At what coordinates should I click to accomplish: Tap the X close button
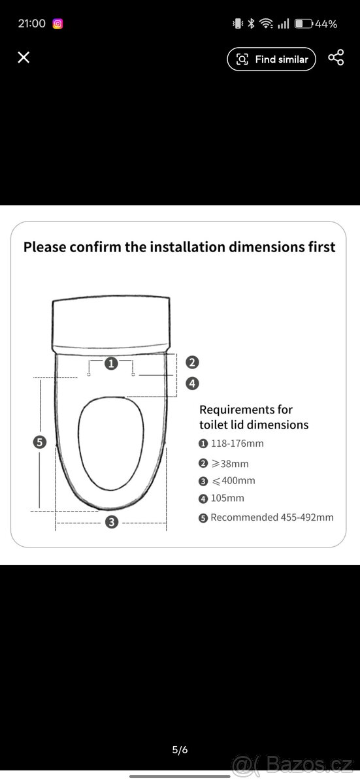(x=24, y=57)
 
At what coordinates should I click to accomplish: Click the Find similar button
(x=272, y=59)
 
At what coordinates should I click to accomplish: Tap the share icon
(x=336, y=57)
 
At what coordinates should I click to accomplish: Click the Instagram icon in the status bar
(x=57, y=24)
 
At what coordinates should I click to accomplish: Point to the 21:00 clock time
(x=32, y=24)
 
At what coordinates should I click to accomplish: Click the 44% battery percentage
(x=326, y=24)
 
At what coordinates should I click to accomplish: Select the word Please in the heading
(x=44, y=247)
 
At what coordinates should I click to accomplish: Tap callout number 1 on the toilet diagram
(x=111, y=363)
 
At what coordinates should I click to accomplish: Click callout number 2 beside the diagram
(x=192, y=362)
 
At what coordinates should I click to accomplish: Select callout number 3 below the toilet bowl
(x=112, y=522)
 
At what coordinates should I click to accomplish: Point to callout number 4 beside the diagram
(x=192, y=384)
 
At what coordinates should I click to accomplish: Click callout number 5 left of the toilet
(x=40, y=442)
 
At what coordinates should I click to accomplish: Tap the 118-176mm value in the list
(x=237, y=444)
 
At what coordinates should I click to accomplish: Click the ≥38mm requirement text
(x=230, y=464)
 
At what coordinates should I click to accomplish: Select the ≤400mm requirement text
(x=234, y=481)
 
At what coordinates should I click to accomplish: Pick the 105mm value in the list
(x=227, y=498)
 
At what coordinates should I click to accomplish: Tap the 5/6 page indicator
(x=180, y=750)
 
